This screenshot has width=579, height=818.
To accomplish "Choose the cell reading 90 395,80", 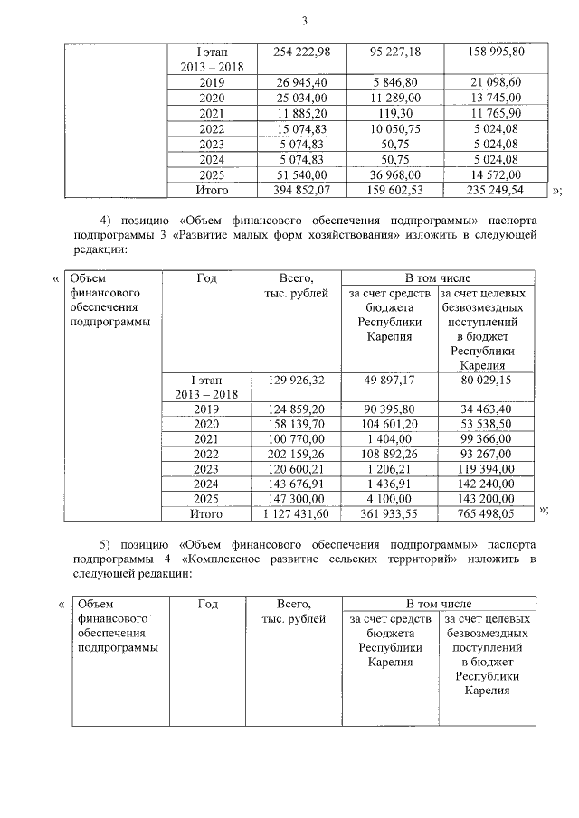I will [x=392, y=408].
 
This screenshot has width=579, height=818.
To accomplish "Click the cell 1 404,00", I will [x=392, y=438].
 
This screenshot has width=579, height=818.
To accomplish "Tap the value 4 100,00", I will [x=392, y=500].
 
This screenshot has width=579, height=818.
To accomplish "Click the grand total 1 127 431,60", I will [x=296, y=515].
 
